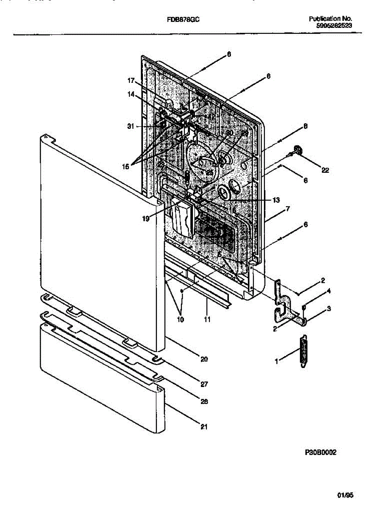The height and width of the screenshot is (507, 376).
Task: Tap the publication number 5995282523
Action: [x=334, y=25]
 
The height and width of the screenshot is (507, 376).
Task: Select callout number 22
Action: [x=325, y=170]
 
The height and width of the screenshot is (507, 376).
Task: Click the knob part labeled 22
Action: [x=299, y=150]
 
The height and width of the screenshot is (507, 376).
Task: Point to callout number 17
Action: [x=131, y=80]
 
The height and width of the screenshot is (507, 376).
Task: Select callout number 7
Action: [x=287, y=209]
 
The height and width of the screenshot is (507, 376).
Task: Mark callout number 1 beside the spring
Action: [x=277, y=361]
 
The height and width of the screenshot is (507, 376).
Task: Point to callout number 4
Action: [x=329, y=291]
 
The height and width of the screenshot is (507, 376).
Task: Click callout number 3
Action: [x=329, y=309]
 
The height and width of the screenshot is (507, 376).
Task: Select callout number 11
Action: [x=207, y=320]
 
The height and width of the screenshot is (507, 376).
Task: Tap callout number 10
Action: [x=181, y=320]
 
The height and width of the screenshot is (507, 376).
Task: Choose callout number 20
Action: [x=204, y=359]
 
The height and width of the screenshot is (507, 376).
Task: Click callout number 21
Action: [x=204, y=427]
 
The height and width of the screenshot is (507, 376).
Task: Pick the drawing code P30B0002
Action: [x=321, y=452]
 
